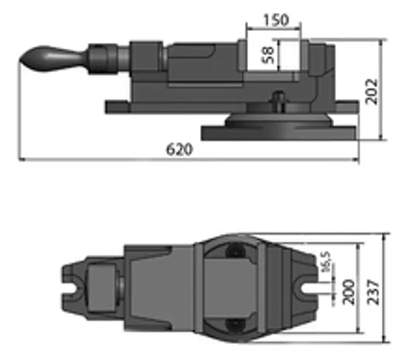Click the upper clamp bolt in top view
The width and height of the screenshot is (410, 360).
click(235, 252)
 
